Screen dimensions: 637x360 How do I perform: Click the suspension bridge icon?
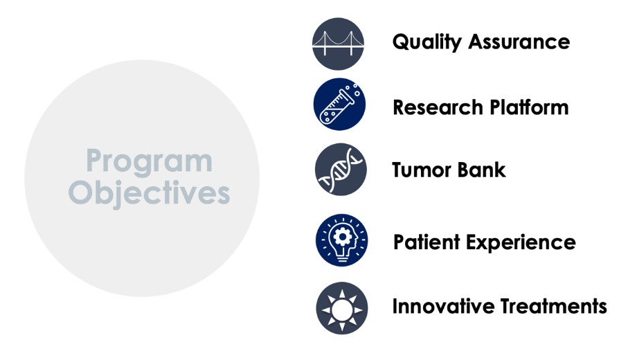pyautogui.click(x=338, y=44)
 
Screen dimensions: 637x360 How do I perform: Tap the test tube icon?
pyautogui.click(x=340, y=105)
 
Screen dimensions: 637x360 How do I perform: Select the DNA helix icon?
pyautogui.click(x=341, y=170)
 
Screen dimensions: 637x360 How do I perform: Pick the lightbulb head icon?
pyautogui.click(x=341, y=240)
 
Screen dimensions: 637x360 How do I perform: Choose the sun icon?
pyautogui.click(x=342, y=308)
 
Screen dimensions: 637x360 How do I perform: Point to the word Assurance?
pyautogui.click(x=519, y=42)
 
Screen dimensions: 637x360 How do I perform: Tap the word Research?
pyautogui.click(x=438, y=108)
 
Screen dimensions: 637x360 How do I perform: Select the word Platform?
pyautogui.click(x=530, y=108)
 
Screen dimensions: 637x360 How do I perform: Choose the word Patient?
pyautogui.click(x=427, y=242)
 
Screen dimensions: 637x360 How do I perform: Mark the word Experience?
pyautogui.click(x=521, y=243)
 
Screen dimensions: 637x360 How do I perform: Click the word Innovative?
pyautogui.click(x=443, y=307)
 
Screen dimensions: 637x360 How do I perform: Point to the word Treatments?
pyautogui.click(x=554, y=307)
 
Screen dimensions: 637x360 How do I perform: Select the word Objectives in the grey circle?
pyautogui.click(x=149, y=193)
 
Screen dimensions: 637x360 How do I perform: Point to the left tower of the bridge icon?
pyautogui.click(x=325, y=44)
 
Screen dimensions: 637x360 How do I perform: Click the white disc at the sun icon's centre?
pyautogui.click(x=342, y=310)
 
